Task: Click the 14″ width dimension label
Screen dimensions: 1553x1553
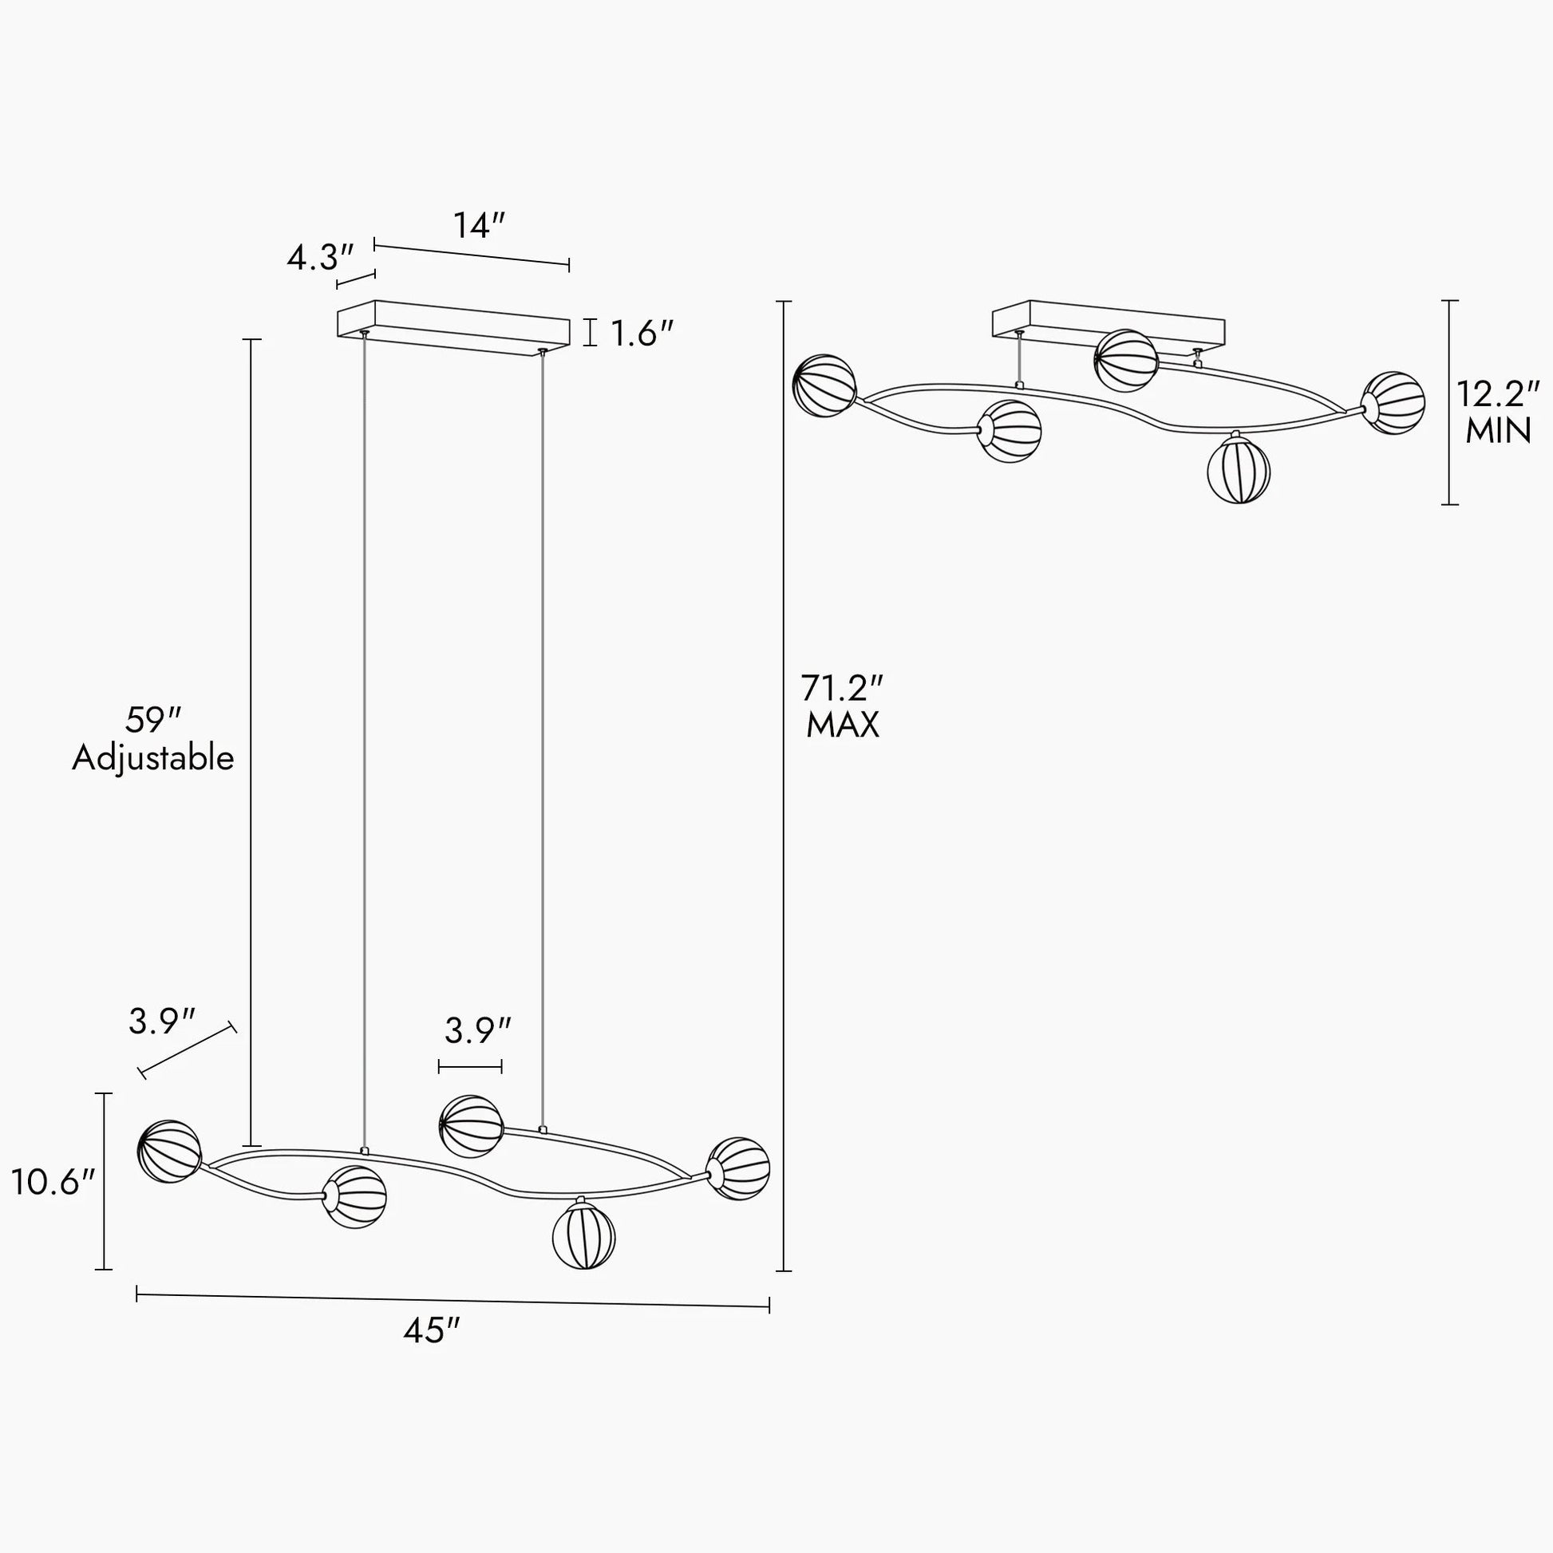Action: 479,225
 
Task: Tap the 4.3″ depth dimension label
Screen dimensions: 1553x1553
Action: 321,258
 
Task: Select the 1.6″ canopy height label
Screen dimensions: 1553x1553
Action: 642,333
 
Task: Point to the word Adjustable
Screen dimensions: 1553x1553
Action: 152,758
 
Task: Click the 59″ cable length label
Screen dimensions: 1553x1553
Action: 153,719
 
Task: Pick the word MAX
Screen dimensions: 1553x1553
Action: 843,725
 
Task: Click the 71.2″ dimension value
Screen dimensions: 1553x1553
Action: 842,688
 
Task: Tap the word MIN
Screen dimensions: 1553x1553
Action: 1497,431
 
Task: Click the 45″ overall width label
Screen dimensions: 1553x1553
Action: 432,1330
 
